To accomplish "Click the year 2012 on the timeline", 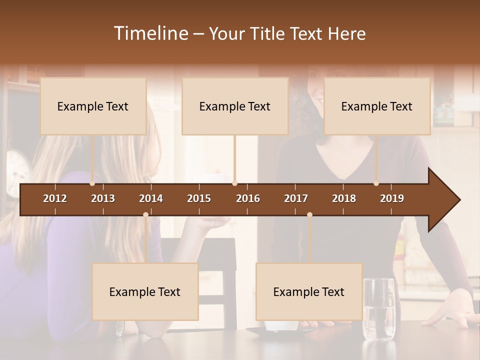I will tap(55, 198).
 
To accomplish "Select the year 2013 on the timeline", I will tap(103, 198).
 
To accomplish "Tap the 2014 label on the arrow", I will tap(151, 198).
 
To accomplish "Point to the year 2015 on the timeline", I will tap(199, 198).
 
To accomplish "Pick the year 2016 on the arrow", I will tap(248, 198).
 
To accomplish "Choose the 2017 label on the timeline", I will tap(296, 198).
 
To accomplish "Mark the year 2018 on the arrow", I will tap(344, 198).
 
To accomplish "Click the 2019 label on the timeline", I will tap(392, 198).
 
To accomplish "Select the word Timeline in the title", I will tap(150, 33).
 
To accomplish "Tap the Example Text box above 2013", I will tap(93, 106).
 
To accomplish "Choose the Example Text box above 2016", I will tap(235, 106).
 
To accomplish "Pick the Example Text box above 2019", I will tap(377, 106).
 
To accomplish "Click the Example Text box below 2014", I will tap(145, 291).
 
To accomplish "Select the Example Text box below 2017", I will tap(309, 291).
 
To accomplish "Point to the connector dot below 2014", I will tap(145, 215).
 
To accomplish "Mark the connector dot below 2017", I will tap(309, 215).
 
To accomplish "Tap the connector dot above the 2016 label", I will tap(235, 183).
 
